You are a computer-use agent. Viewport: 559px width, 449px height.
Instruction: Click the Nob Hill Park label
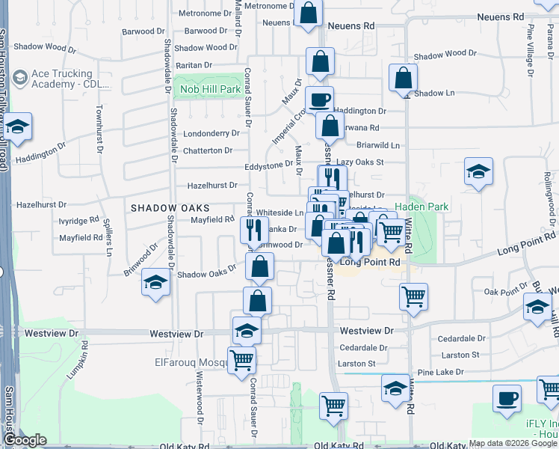[x=210, y=89]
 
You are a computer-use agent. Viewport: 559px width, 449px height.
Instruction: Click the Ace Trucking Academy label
[x=62, y=79]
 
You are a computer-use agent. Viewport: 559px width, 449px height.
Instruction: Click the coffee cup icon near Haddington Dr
[x=320, y=99]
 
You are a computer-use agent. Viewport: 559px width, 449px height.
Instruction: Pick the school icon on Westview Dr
[x=247, y=331]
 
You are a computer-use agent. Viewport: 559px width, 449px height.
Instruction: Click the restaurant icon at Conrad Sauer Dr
[x=255, y=230]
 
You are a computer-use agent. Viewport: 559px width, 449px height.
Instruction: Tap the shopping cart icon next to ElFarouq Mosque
[x=241, y=359]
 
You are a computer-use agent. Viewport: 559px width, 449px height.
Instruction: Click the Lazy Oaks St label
[x=359, y=162]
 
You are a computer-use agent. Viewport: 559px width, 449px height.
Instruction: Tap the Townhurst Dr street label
[x=99, y=129]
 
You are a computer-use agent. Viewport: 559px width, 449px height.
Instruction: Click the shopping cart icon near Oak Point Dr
[x=414, y=296]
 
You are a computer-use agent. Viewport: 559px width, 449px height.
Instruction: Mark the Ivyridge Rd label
[x=78, y=221]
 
